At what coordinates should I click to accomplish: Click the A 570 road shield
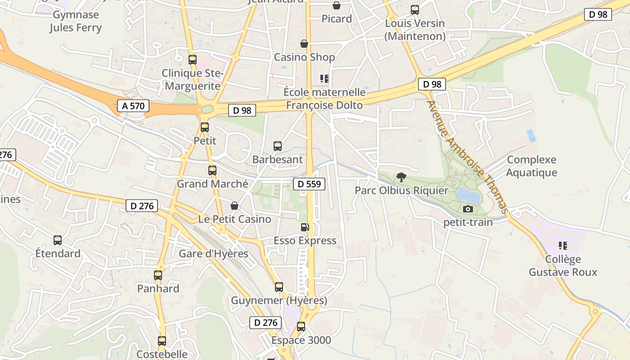click(133, 106)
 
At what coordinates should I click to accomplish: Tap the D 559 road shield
click(309, 184)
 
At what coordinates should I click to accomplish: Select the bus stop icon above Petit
click(205, 127)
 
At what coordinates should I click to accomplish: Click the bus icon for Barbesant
click(278, 146)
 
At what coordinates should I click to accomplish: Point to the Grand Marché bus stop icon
click(212, 171)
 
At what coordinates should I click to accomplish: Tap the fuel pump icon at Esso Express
click(305, 227)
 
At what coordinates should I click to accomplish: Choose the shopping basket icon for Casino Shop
click(305, 44)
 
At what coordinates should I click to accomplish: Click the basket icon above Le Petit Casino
click(234, 206)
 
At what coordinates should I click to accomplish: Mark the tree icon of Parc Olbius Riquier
click(401, 177)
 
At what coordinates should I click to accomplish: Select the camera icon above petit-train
click(468, 209)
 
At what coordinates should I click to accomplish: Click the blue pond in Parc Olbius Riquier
click(468, 195)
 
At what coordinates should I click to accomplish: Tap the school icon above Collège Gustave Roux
click(562, 246)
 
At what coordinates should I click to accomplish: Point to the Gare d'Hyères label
click(214, 254)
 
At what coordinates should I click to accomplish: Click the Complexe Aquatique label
click(531, 166)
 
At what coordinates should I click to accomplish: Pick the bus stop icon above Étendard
click(58, 240)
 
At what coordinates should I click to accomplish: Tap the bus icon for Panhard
click(158, 275)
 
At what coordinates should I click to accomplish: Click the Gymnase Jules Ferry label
click(76, 21)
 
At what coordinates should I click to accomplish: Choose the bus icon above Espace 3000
click(301, 327)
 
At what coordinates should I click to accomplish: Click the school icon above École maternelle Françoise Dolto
click(324, 79)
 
